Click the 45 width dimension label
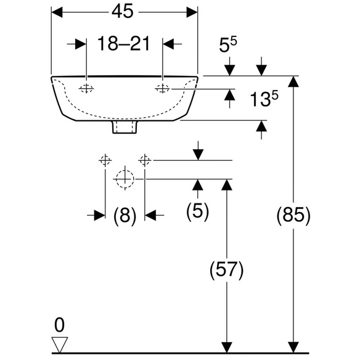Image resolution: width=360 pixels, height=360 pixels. tap(123, 12)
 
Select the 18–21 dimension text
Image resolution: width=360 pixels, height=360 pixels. tap(124, 43)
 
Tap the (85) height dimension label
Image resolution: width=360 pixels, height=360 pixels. tap(293, 215)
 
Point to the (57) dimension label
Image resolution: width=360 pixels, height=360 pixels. tap(226, 269)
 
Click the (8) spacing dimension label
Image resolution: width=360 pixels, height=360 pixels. tap(125, 215)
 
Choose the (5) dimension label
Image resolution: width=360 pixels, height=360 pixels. tap(197, 211)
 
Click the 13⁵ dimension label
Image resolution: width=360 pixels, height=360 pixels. tap(264, 98)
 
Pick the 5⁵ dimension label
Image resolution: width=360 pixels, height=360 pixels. tap(228, 44)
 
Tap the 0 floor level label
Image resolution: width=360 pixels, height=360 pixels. tap(59, 325)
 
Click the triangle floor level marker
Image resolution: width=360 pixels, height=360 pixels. tap(59, 345)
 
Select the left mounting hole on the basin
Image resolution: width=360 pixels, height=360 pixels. tap(86, 88)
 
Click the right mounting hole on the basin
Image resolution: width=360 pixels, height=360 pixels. tap(163, 88)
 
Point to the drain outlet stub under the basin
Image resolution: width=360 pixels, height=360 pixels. tap(125, 127)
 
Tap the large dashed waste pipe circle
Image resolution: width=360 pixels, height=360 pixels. tap(125, 179)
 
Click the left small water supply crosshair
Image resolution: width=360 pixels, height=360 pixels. tap(105, 160)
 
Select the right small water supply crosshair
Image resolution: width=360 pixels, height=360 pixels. tap(145, 160)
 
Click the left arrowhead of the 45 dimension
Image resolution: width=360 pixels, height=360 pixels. tap(57, 12)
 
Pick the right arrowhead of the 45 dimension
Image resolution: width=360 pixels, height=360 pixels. tap(192, 12)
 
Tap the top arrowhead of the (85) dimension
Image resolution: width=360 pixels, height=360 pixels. tap(293, 81)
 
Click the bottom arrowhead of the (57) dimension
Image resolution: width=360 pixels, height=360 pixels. tap(226, 348)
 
